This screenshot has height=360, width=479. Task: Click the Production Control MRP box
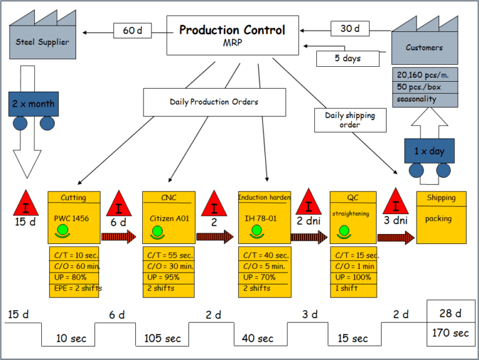coord(232,36)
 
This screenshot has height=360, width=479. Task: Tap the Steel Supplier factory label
coord(43,42)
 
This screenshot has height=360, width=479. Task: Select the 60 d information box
coord(132,30)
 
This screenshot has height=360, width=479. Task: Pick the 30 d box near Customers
coord(349,29)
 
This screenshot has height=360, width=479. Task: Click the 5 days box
coord(347,59)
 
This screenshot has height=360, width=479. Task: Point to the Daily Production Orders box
coord(214,102)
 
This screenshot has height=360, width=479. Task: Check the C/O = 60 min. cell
coord(75,266)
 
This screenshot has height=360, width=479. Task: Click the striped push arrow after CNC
coord(215,237)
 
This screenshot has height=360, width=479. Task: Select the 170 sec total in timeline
coord(450,333)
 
